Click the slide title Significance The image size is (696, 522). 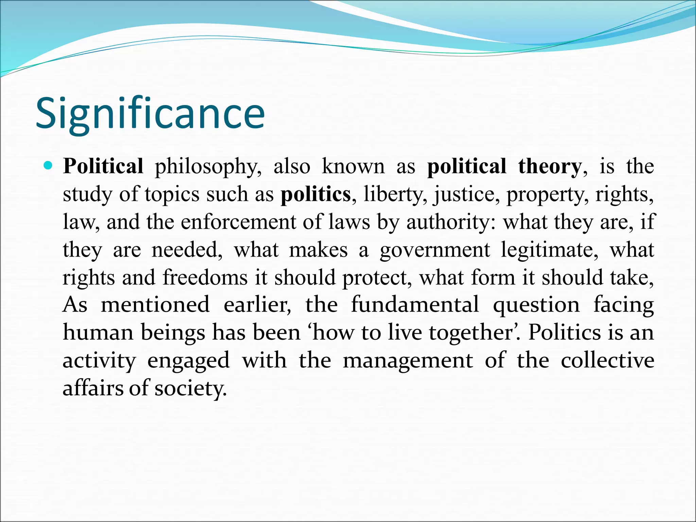(x=150, y=113)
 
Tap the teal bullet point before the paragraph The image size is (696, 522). (x=49, y=166)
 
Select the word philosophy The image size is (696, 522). (x=208, y=167)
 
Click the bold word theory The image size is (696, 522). (x=550, y=167)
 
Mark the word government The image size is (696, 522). (x=435, y=250)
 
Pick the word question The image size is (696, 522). (x=536, y=305)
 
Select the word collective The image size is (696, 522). (x=607, y=360)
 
